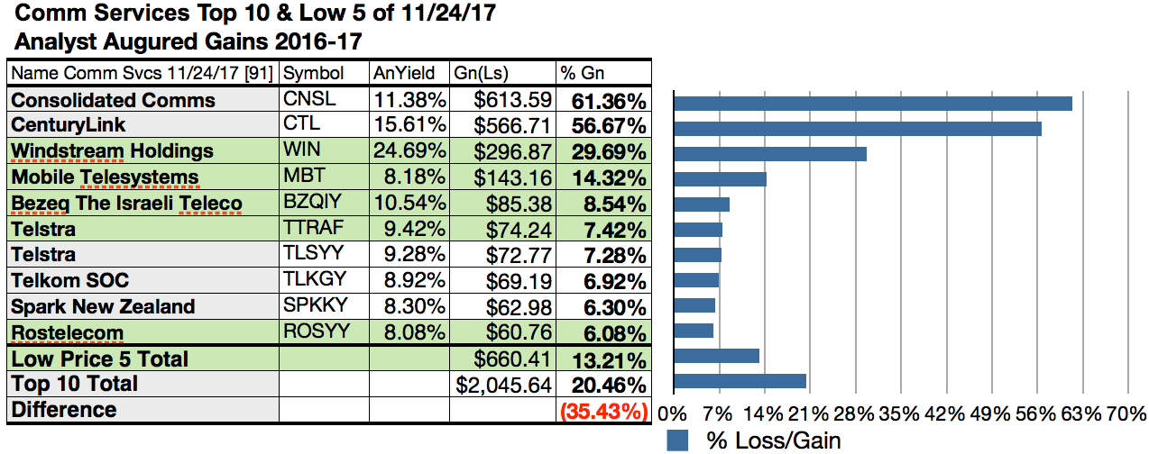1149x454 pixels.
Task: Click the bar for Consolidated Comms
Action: click(x=872, y=103)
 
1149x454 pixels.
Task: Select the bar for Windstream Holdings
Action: click(x=769, y=153)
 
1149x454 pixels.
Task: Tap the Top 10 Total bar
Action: click(x=739, y=380)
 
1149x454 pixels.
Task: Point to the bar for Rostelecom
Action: click(x=693, y=330)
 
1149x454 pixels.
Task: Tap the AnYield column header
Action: click(x=404, y=73)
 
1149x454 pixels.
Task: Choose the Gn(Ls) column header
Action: click(x=479, y=73)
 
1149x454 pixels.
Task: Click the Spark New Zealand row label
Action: click(x=103, y=306)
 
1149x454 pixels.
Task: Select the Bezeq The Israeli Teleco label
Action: click(x=126, y=203)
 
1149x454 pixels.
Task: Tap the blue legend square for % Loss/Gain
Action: click(x=677, y=440)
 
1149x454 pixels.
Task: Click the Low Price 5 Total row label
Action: click(x=99, y=359)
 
